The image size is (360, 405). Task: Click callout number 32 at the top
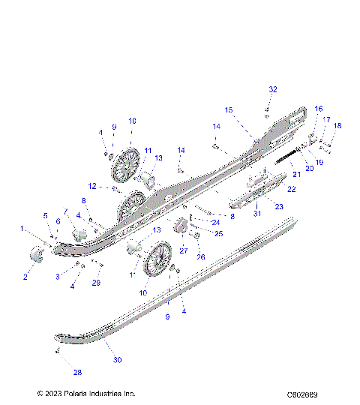coord(273,89)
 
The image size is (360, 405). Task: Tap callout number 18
coord(337,126)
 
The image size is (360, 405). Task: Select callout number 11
coord(148,150)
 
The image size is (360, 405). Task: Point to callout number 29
coord(96,282)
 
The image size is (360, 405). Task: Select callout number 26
coord(200,257)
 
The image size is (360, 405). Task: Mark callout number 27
coord(183,250)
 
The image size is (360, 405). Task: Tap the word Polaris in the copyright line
coord(79,393)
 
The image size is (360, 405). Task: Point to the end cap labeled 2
coord(35,256)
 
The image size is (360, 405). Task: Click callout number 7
coord(65,211)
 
